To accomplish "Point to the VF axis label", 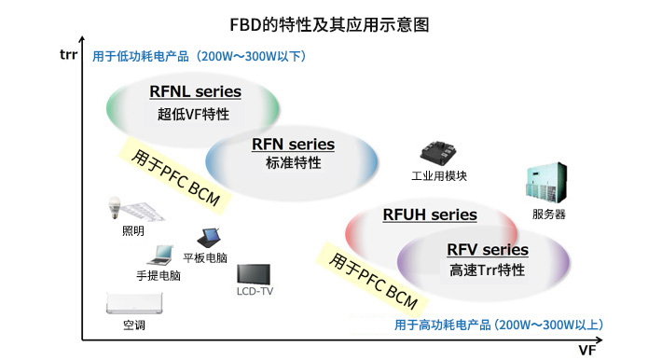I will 586,350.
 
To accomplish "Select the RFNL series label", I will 195,91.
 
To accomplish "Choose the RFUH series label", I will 430,215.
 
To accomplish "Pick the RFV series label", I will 487,249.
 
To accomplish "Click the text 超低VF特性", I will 194,115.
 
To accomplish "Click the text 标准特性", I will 293,163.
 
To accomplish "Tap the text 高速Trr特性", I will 487,270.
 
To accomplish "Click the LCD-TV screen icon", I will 254,274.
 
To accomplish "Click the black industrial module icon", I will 438,153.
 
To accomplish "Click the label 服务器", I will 549,215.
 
